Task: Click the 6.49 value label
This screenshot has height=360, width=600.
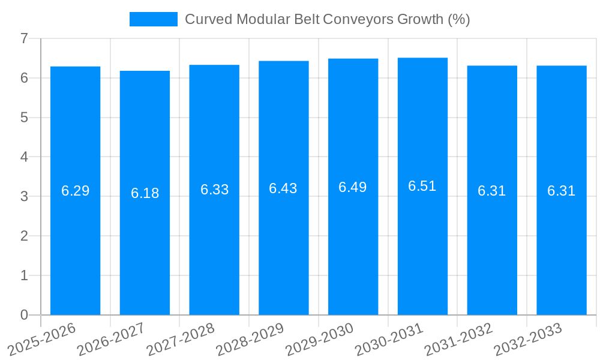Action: click(353, 187)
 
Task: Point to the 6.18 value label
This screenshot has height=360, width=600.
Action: click(145, 193)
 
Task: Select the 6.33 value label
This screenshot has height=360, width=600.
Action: click(214, 190)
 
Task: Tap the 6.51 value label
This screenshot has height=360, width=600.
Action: click(422, 186)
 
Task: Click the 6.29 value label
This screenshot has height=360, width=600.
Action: click(75, 191)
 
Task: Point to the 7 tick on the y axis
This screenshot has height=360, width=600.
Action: click(24, 38)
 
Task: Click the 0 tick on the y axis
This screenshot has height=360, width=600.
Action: click(24, 315)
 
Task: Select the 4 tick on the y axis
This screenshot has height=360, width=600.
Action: click(24, 157)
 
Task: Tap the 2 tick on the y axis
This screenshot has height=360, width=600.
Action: click(24, 236)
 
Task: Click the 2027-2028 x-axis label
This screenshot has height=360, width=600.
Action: click(181, 339)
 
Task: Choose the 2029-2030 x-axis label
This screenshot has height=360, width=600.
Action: click(319, 339)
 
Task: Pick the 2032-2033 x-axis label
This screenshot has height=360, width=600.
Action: click(527, 339)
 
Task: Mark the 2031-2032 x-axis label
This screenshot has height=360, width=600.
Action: click(458, 339)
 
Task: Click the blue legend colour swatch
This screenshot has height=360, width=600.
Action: click(154, 19)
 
